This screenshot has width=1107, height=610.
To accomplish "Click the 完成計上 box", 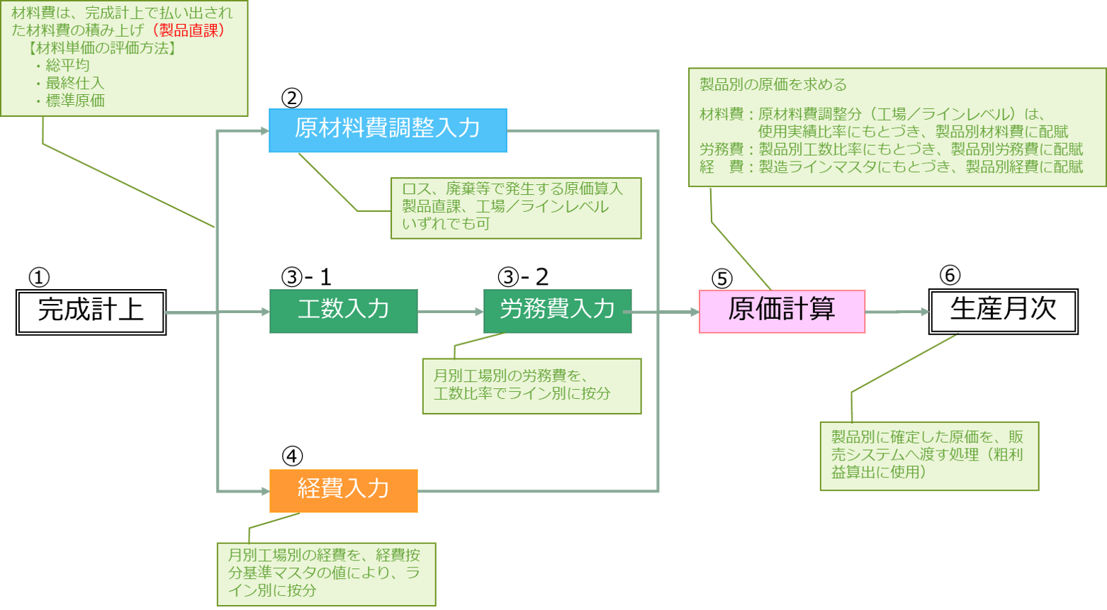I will [91, 312].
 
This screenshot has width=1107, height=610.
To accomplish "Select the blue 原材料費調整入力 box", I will [388, 130].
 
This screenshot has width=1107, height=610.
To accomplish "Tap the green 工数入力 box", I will [343, 311].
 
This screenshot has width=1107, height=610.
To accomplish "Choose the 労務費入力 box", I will [557, 311].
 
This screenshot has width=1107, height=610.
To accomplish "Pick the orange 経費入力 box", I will [343, 490].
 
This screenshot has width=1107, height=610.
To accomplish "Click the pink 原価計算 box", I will [782, 311].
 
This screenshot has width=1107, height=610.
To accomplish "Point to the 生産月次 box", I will [1003, 311].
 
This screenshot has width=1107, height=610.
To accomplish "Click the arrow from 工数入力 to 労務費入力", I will [450, 312].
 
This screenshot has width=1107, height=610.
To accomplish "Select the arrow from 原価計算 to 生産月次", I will [897, 312].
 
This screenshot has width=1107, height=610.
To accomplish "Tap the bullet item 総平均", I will [68, 66].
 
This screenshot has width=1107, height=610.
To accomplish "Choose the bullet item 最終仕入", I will [75, 84].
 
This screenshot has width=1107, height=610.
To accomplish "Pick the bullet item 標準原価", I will [75, 101].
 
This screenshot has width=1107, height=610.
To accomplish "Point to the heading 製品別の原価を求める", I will [773, 85].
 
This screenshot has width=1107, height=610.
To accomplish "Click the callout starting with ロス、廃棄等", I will [516, 207].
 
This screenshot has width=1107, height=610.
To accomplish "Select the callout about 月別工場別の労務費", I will [532, 385].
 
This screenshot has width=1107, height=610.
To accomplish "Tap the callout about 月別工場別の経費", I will [326, 573].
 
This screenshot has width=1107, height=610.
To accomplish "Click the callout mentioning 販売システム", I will [929, 456].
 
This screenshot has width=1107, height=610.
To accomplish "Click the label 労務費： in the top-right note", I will [721, 149].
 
